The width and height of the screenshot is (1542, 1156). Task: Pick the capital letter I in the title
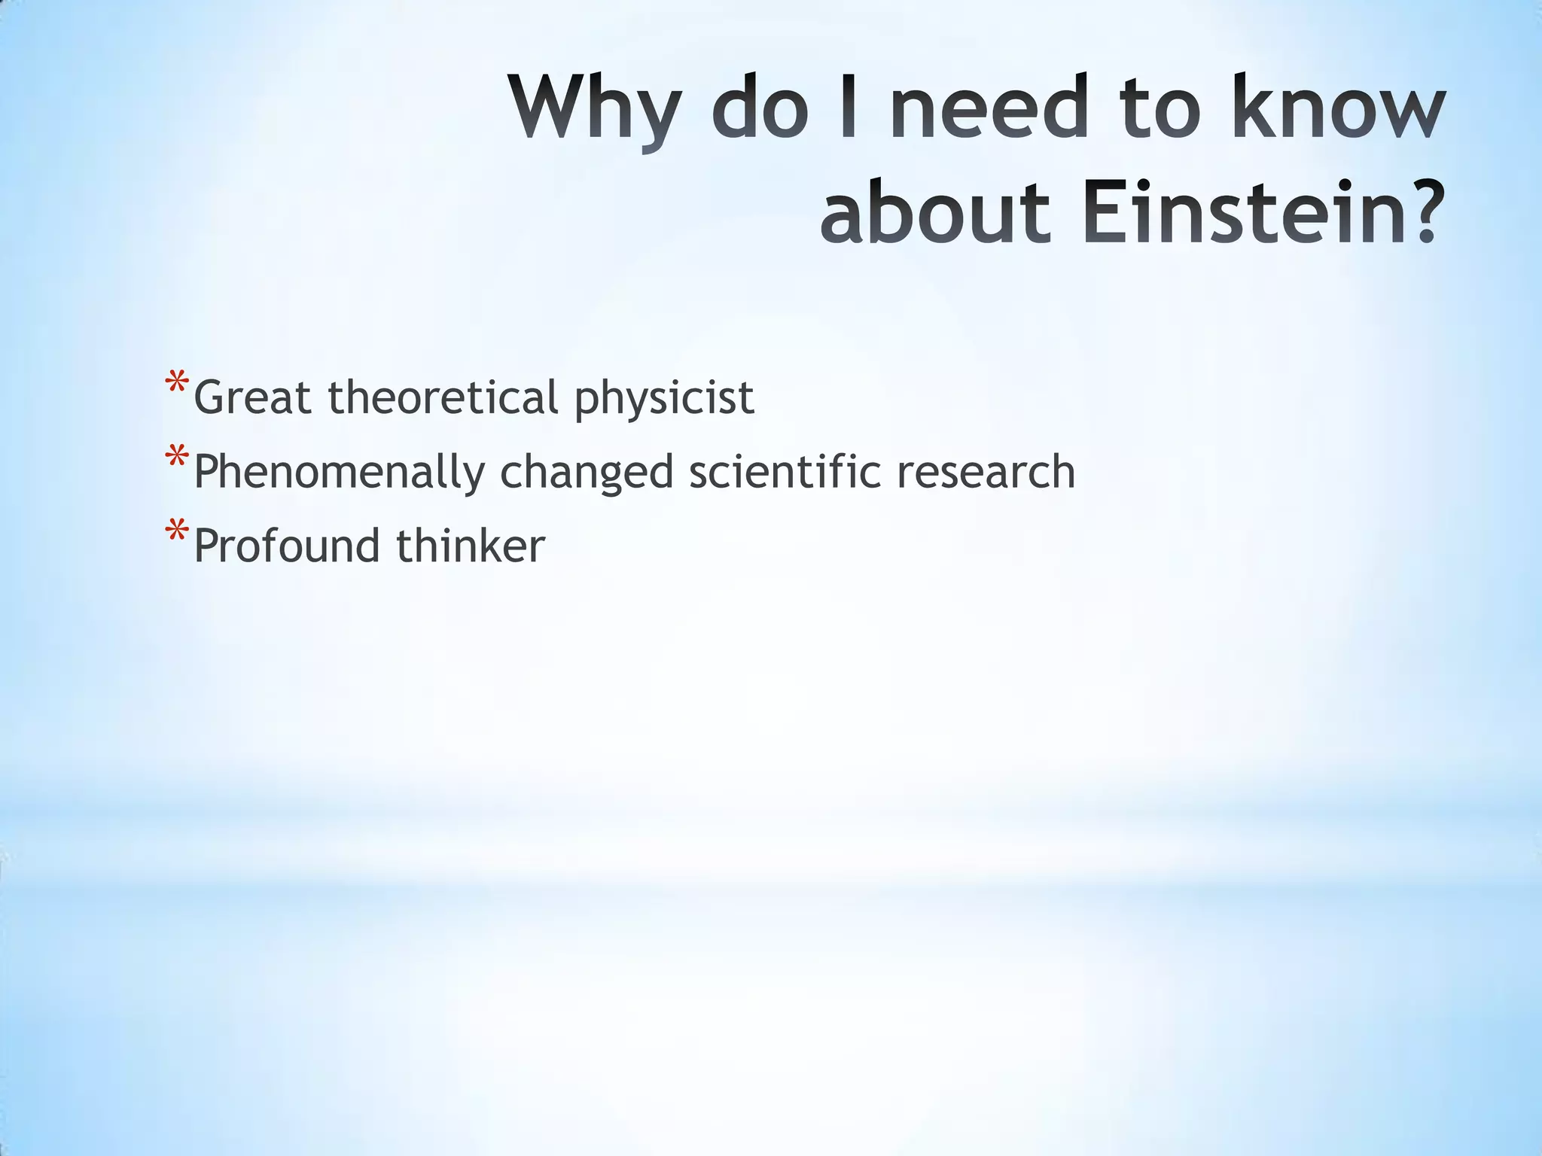(849, 108)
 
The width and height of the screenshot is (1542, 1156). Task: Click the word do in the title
(760, 108)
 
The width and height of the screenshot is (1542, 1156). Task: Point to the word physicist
(664, 399)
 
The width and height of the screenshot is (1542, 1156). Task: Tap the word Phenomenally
(340, 473)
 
